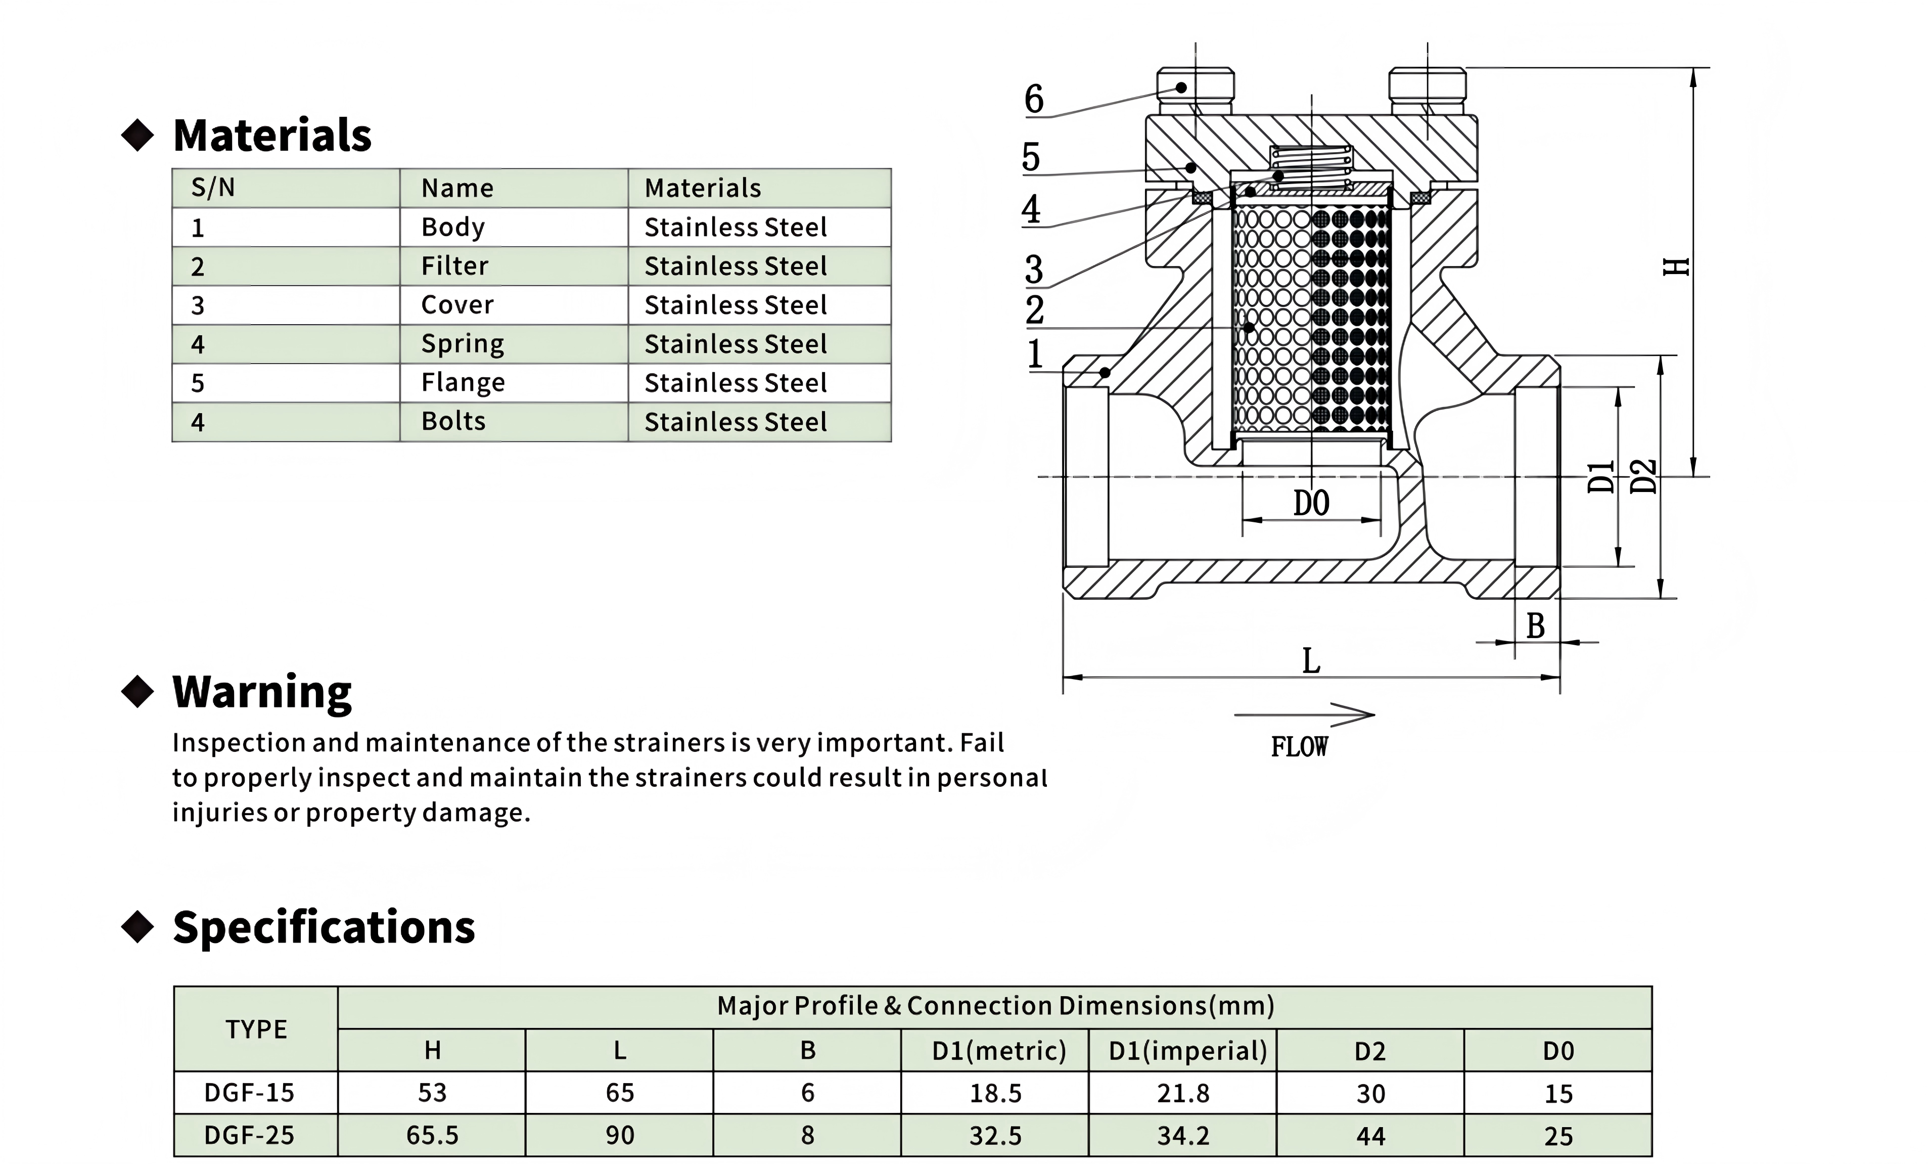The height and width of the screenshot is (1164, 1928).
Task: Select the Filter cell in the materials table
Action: tap(454, 266)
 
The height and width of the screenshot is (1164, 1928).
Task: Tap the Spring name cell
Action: tap(463, 344)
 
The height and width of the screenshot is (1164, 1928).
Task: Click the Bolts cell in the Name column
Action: tap(453, 421)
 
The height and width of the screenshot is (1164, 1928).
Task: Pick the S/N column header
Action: tap(213, 188)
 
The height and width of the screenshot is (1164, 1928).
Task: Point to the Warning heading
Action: tap(262, 692)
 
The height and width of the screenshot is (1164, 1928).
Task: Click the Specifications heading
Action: tap(324, 927)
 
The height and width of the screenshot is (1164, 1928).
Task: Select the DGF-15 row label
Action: tap(249, 1093)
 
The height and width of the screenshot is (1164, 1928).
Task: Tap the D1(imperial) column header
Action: tap(1188, 1051)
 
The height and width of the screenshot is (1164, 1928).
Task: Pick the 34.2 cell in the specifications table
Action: tap(1183, 1135)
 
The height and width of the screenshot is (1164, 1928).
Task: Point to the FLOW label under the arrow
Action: tap(1299, 747)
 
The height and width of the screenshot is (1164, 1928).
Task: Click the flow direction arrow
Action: tap(1304, 714)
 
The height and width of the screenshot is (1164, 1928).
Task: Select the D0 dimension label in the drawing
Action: tap(1311, 503)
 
